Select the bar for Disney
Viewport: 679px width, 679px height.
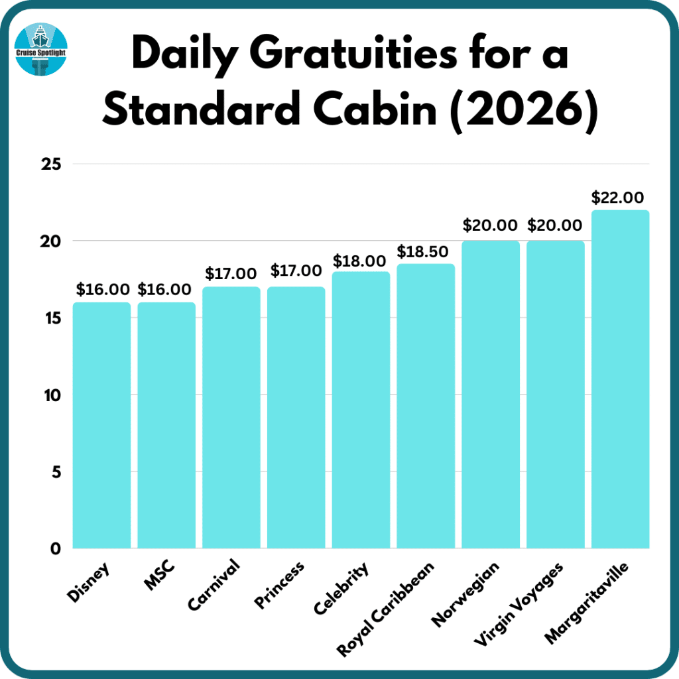(101, 425)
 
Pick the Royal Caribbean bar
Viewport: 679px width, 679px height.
(426, 406)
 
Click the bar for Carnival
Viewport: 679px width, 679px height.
(231, 417)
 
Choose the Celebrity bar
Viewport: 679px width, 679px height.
(361, 410)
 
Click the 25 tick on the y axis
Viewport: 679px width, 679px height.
(47, 164)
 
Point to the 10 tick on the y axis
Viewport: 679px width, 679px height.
(47, 395)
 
